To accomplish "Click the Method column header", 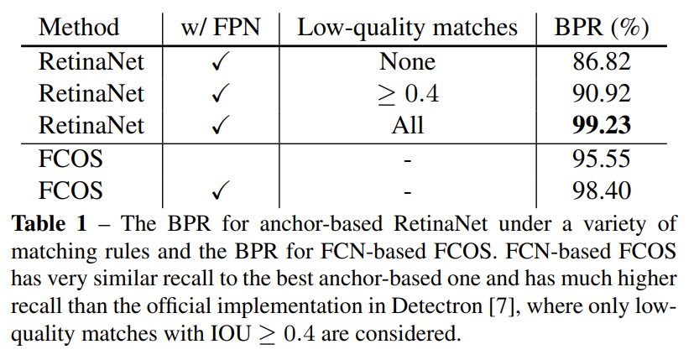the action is pos(79,27).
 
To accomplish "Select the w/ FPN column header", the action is pos(221,27).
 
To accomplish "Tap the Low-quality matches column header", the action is pos(407,28).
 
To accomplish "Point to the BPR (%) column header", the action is pos(602,28).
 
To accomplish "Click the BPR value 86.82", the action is pos(602,61).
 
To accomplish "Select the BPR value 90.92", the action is pos(602,94).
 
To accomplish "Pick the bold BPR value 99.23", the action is pos(602,125).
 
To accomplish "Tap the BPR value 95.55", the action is pos(602,159).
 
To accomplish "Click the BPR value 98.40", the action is pos(602,190).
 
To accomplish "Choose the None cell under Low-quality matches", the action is pos(407,61).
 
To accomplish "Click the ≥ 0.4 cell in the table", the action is pos(408,94).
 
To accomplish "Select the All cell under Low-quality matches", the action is pos(408,125).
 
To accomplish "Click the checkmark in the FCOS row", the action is pos(221,190).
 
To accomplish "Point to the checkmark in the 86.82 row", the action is pos(221,61).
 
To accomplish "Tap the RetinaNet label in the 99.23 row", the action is pos(91,125).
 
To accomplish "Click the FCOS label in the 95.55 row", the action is pos(70,159).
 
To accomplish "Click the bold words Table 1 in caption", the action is pos(50,223).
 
